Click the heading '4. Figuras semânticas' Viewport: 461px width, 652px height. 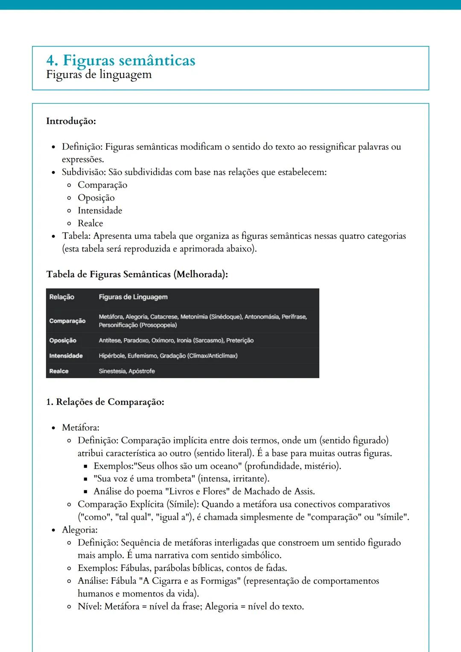[x=120, y=60]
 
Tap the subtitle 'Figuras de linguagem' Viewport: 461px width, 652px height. [x=99, y=75]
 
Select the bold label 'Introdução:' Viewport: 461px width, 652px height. [x=71, y=121]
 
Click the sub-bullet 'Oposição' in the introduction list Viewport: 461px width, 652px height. [x=96, y=198]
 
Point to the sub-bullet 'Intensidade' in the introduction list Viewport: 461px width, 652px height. [x=100, y=210]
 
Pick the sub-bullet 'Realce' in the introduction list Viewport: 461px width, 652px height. [x=90, y=223]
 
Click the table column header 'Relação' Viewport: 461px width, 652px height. [x=62, y=297]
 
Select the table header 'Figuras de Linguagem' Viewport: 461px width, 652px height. [x=133, y=297]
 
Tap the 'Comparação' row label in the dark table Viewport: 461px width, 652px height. [x=67, y=321]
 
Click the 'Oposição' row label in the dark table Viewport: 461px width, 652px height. [x=63, y=341]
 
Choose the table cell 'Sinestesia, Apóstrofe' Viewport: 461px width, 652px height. [x=127, y=371]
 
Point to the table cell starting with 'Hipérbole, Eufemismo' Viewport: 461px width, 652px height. [x=168, y=356]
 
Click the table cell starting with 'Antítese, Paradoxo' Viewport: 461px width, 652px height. [x=176, y=341]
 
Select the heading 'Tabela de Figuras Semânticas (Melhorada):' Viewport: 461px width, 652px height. [x=137, y=274]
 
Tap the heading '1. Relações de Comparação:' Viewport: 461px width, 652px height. [x=105, y=402]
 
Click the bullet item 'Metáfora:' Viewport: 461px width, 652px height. [x=80, y=428]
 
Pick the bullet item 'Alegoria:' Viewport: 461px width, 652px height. [x=79, y=530]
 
